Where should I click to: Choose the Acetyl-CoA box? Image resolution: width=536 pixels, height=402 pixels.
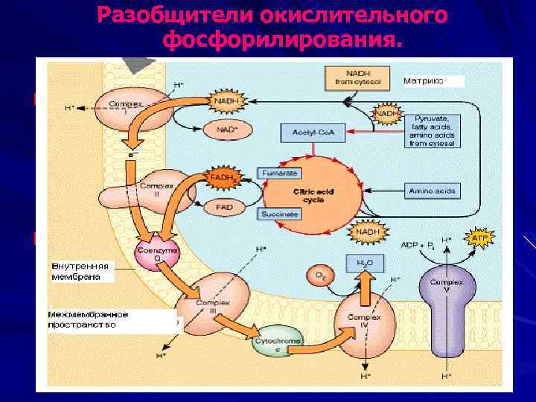(x=307, y=132)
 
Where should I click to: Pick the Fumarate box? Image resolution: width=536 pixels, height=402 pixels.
(x=279, y=172)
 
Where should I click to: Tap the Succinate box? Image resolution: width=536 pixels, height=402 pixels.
(x=279, y=214)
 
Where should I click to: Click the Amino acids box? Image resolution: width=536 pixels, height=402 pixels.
(x=431, y=192)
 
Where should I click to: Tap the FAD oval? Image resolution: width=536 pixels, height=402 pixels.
(x=223, y=206)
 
